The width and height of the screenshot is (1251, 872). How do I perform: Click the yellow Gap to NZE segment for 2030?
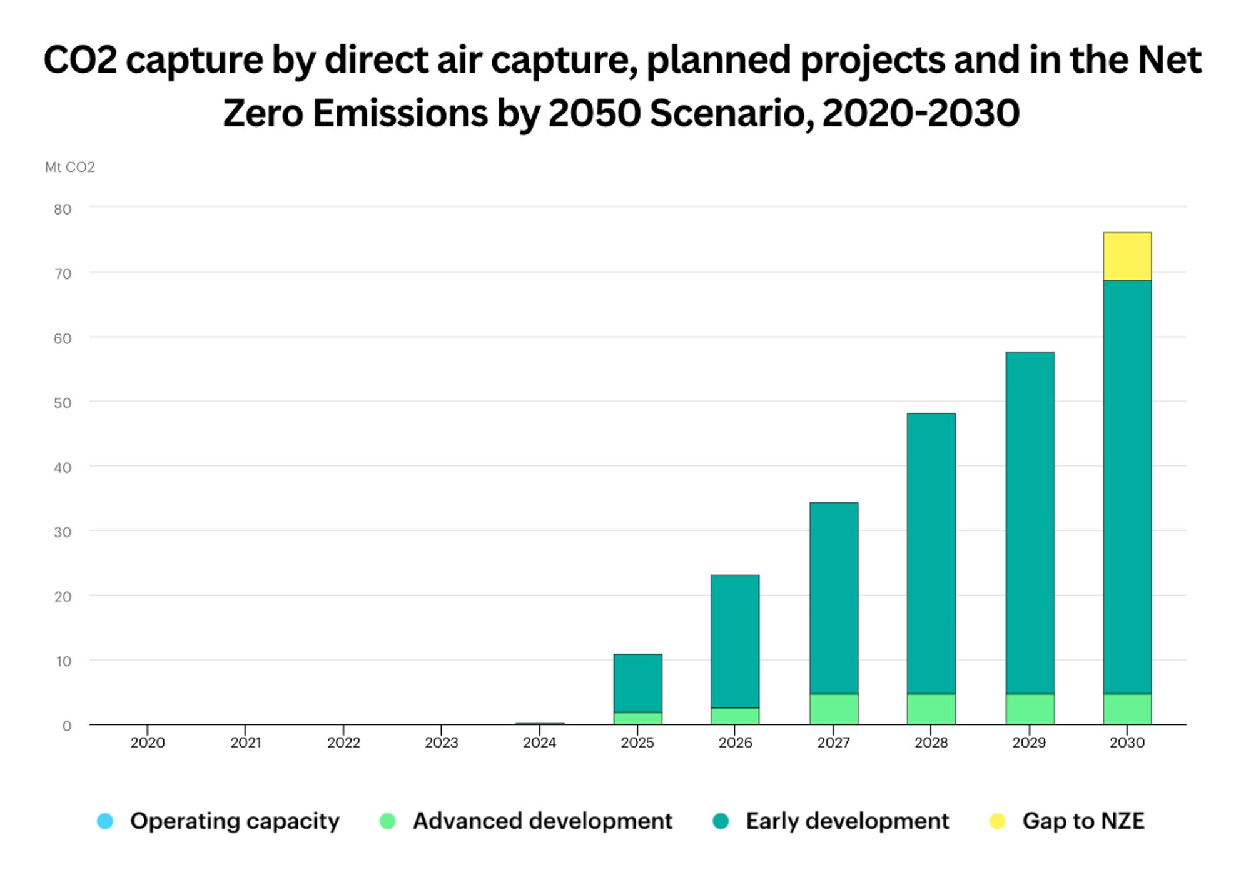(x=1127, y=256)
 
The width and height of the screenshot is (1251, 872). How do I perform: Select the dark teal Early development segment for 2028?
(x=931, y=553)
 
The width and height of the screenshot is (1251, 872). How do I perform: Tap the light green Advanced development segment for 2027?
(x=833, y=709)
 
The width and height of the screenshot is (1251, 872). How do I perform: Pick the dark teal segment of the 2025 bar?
(x=637, y=683)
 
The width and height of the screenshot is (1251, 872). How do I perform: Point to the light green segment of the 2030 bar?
(x=1127, y=709)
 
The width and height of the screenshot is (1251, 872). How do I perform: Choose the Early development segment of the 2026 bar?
(x=735, y=641)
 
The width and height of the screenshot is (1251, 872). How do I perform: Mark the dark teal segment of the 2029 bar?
(x=1030, y=522)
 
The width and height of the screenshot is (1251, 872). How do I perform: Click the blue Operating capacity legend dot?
(x=105, y=821)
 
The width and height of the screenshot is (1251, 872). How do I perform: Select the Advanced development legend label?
(x=542, y=821)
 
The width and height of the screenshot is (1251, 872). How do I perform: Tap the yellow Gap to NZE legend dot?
(x=997, y=821)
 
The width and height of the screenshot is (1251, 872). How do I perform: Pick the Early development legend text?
(x=847, y=821)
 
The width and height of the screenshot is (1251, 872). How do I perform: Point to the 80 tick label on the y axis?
(x=63, y=209)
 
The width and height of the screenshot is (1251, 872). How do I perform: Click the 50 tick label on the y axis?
(x=63, y=403)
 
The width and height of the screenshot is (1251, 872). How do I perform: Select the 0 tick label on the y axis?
(x=66, y=726)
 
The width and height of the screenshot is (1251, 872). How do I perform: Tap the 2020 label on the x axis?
(x=148, y=743)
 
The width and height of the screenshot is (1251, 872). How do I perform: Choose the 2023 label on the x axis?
(x=442, y=743)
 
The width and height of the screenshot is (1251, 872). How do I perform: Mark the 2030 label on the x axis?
(x=1127, y=743)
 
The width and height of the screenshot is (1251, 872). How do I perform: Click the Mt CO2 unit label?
(x=69, y=167)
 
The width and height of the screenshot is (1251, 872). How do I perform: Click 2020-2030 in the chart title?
(x=921, y=114)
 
